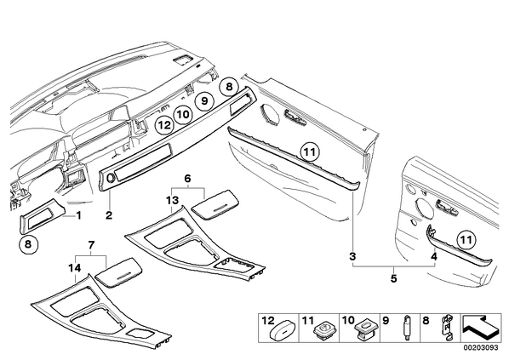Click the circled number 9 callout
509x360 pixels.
204,101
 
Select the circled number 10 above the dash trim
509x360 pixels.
183,115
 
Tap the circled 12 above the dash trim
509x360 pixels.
164,125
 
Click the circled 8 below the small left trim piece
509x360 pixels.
28,243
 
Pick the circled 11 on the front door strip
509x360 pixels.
310,152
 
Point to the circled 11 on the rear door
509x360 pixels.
466,240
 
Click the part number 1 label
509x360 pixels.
78,215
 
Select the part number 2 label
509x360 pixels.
109,215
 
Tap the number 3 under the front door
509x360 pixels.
352,256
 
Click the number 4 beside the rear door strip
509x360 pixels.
434,256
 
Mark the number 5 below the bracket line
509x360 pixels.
394,278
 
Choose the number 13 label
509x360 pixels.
173,200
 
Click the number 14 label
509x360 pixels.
75,268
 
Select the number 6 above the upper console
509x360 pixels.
187,178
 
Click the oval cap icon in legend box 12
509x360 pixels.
283,331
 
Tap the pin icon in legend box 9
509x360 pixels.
405,327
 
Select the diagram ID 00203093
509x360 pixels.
482,347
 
